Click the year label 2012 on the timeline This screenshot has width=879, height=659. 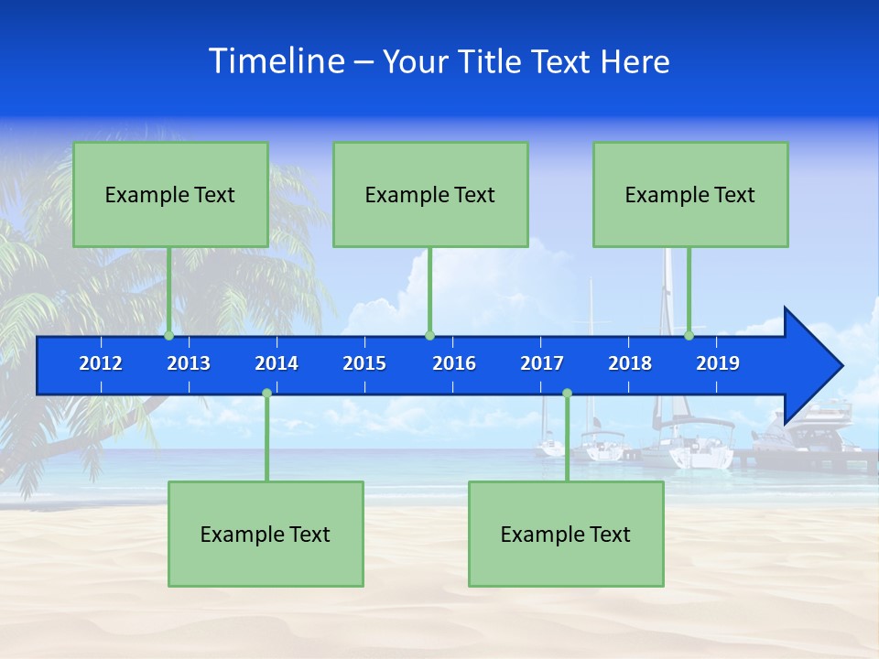click(101, 363)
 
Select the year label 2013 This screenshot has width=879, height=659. click(189, 363)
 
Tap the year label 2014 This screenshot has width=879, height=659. click(277, 363)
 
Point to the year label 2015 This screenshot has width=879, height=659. click(364, 363)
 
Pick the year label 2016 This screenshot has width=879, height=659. click(454, 363)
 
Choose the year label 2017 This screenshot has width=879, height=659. click(542, 363)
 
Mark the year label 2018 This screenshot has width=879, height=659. click(630, 363)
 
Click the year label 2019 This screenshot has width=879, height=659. click(718, 363)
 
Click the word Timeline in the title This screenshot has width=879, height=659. click(277, 60)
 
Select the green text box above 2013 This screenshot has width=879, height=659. click(170, 194)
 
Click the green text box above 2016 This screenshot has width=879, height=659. click(430, 194)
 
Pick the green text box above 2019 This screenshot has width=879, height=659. click(690, 194)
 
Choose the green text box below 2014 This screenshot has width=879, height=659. click(266, 534)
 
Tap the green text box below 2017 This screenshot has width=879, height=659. click(566, 534)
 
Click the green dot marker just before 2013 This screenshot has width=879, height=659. click(169, 336)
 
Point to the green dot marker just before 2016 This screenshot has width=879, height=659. click(429, 336)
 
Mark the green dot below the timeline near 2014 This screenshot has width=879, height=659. click(266, 394)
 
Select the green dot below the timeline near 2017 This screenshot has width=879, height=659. click(567, 394)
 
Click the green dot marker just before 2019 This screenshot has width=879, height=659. click(689, 336)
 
